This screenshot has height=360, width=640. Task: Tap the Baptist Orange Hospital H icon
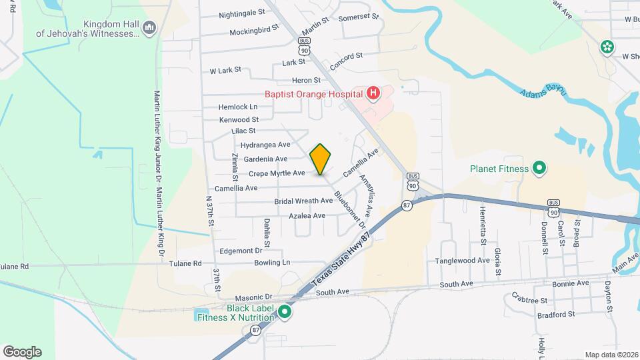click(x=373, y=94)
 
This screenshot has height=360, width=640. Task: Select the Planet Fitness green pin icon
click(x=539, y=169)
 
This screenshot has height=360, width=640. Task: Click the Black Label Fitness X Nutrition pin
click(x=285, y=312)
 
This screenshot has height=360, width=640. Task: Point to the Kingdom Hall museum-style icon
click(x=149, y=27)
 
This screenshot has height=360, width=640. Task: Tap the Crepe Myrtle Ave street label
click(x=277, y=173)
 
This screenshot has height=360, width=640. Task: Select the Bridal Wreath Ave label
click(x=303, y=201)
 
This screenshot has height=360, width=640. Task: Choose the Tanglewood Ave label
click(x=463, y=261)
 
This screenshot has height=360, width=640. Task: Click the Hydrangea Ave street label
click(x=265, y=145)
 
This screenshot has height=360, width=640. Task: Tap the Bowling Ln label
click(x=272, y=263)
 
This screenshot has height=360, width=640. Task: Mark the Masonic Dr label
click(x=254, y=297)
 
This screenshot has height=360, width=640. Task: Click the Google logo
click(x=22, y=352)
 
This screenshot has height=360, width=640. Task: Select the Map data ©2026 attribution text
click(x=611, y=355)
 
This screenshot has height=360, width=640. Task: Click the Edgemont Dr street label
click(x=240, y=251)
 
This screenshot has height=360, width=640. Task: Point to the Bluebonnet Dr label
click(x=351, y=207)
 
